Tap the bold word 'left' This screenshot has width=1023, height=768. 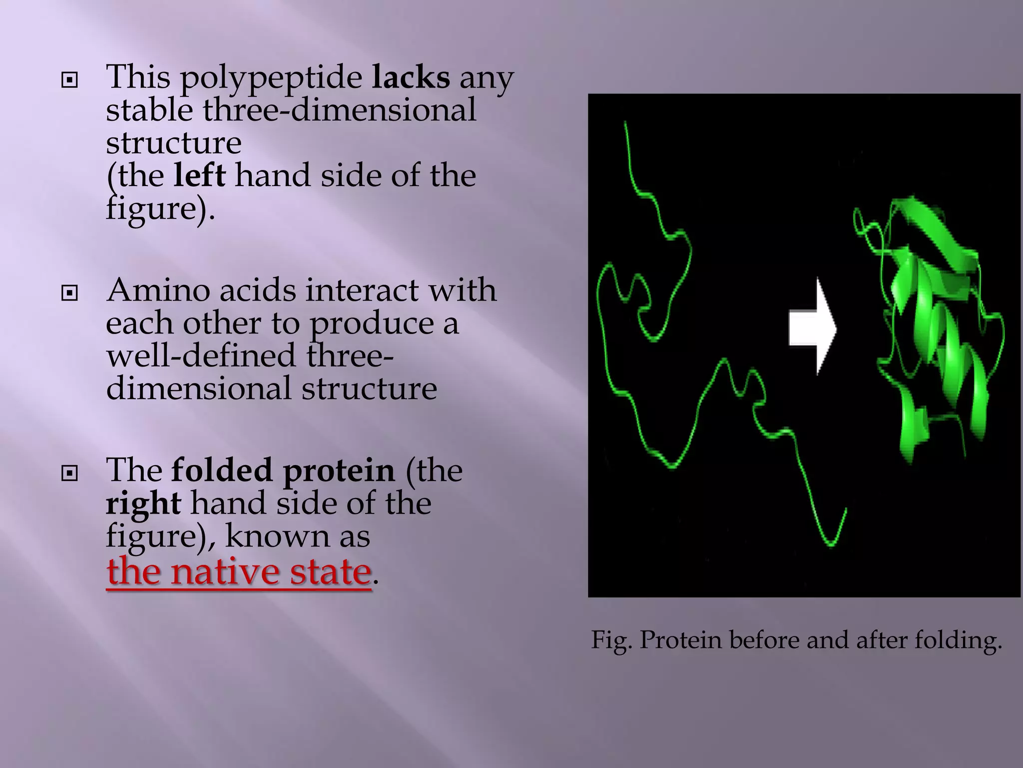199,175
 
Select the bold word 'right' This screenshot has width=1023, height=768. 143,503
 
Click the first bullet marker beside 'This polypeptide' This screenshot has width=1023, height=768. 69,79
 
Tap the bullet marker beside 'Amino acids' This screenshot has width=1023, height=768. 69,292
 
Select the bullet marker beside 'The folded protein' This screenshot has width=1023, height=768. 69,472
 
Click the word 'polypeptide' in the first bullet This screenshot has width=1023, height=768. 271,79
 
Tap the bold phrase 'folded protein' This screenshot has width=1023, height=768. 283,470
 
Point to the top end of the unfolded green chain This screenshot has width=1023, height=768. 625,122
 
